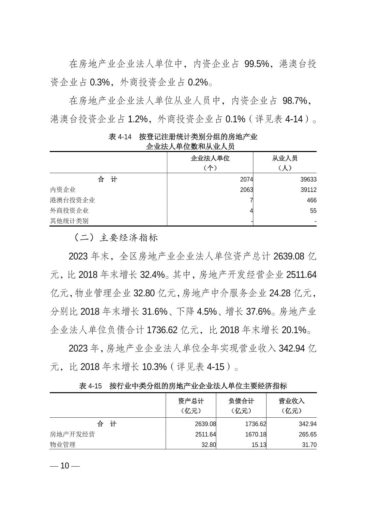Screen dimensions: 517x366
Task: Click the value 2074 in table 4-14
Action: [246, 180]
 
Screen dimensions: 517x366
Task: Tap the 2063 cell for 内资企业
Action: [246, 190]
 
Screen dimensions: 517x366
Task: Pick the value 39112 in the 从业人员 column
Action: [308, 190]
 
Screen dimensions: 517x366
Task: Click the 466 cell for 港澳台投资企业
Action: [311, 200]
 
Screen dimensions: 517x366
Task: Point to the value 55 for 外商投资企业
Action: [313, 211]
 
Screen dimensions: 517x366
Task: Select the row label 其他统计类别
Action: [69, 221]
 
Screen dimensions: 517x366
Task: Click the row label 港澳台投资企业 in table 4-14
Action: [72, 200]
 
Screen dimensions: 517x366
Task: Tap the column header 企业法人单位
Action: [210, 159]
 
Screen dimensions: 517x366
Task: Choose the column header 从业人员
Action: [285, 159]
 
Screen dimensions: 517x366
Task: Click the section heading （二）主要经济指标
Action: [116, 237]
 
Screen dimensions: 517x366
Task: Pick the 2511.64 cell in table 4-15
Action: [205, 434]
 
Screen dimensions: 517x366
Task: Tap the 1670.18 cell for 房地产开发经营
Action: [255, 434]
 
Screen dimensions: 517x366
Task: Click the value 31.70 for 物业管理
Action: [309, 445]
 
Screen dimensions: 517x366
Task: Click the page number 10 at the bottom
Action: [65, 466]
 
